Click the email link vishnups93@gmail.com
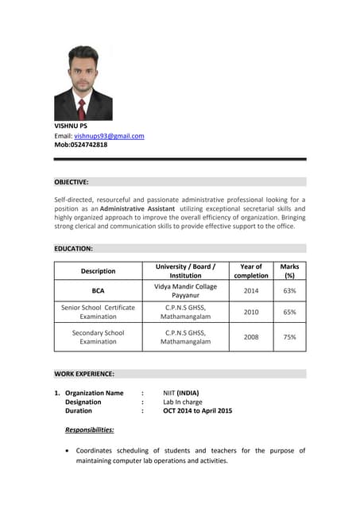coord(109,136)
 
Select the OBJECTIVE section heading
coord(72,182)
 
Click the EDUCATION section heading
coord(73,249)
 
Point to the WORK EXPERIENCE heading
coord(84,374)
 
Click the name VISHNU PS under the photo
coord(71,126)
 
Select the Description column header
coord(98,271)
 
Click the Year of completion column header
coord(251,271)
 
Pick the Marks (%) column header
coord(289,271)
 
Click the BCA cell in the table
coord(98,291)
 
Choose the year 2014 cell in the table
coord(251,291)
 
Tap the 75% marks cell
coord(289,337)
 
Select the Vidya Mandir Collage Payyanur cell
coord(185,291)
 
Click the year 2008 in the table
coord(251,337)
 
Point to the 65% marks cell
coord(289,313)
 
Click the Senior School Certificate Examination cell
coord(98,312)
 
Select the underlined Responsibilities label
coord(90,430)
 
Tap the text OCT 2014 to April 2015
coord(198,411)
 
